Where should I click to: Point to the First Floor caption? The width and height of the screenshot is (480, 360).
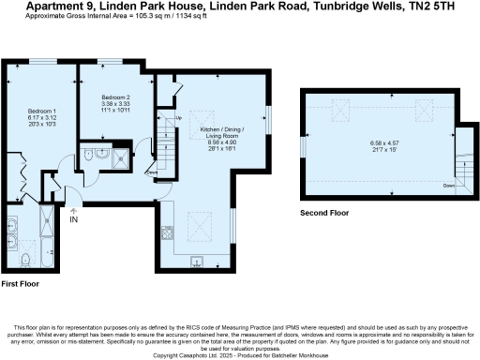pos(21,283)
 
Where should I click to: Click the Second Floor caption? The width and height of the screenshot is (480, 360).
pos(324,213)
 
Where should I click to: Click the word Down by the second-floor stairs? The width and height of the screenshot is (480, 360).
pos(447,185)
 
